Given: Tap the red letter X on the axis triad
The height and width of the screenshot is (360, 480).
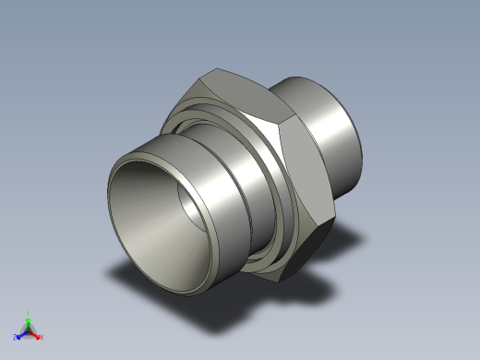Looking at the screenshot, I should (x=42, y=337).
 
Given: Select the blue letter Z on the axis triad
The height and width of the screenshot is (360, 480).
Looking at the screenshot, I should (x=16, y=337).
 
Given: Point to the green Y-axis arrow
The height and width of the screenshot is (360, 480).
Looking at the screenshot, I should (x=29, y=322).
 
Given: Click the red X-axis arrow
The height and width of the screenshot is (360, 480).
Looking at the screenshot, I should (x=36, y=334).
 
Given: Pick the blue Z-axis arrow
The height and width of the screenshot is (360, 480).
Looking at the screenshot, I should (x=21, y=334).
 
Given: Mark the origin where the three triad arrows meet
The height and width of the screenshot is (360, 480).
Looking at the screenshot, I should (x=29, y=330).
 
